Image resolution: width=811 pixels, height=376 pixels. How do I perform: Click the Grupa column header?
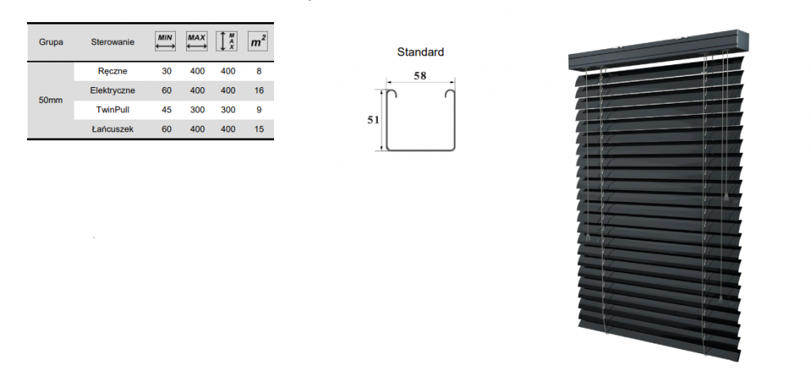coord(51,42)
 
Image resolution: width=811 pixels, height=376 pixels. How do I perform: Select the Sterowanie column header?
coord(112,42)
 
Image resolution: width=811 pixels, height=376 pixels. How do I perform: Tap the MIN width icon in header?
coord(165,41)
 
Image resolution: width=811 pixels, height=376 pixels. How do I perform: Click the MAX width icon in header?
coord(196,41)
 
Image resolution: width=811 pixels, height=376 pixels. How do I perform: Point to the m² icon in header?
coord(257,41)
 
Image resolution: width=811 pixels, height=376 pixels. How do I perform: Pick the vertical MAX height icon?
coord(227,41)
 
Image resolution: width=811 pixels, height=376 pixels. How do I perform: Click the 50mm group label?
coord(50,100)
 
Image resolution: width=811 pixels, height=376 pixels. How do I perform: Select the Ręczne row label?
coord(112,71)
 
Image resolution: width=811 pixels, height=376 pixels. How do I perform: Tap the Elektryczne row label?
coord(112,90)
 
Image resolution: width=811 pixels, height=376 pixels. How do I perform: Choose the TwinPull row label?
coord(112,110)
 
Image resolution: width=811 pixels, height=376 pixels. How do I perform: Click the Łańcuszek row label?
coord(112,129)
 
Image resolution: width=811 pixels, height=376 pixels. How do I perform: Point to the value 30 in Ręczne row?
coord(166,71)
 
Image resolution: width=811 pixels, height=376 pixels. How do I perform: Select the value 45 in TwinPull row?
coord(166,110)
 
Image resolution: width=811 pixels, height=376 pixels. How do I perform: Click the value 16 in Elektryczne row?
coord(259,90)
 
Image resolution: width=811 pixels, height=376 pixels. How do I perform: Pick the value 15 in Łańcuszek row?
coord(259,129)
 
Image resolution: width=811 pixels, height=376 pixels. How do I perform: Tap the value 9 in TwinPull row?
coord(259,110)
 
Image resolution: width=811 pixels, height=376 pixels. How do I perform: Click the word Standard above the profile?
coord(421,51)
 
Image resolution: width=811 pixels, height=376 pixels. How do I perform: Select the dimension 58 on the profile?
coord(420,75)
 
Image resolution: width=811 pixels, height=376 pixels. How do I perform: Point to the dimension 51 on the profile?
coord(374,120)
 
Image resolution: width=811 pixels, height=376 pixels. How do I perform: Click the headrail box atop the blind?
coord(658,51)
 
